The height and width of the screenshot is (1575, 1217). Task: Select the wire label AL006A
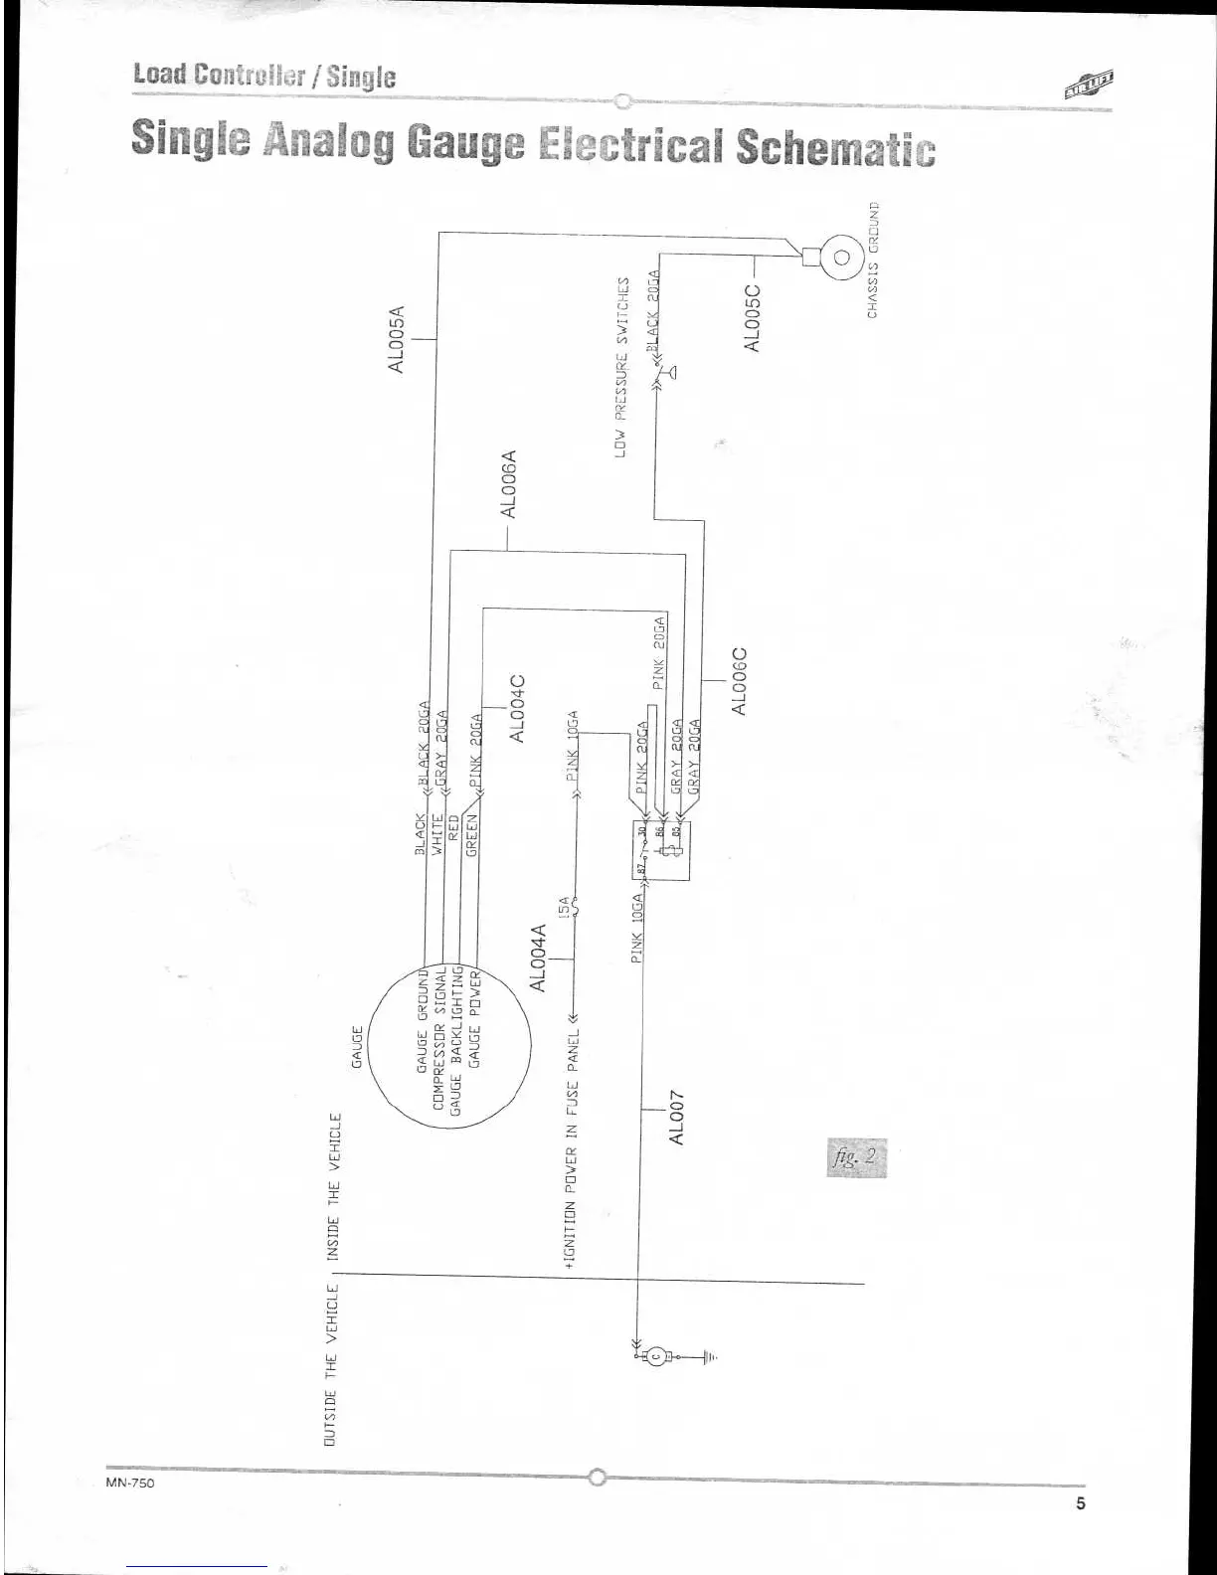point(508,485)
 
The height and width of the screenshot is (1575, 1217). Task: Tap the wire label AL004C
point(517,709)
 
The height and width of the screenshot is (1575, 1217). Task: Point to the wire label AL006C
point(738,681)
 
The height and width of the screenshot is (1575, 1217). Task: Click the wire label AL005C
point(753,318)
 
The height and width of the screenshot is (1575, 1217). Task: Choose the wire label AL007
point(677,1117)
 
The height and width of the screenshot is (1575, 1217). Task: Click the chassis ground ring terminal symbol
point(840,258)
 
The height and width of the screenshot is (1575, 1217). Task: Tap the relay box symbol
point(661,850)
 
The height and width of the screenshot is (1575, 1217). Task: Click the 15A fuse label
point(564,907)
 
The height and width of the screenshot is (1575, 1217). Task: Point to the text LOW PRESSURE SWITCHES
point(621,366)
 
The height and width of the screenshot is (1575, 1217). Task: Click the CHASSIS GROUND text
point(873,260)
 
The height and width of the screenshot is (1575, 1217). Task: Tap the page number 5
point(1080,1503)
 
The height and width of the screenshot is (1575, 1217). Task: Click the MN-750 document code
point(129,1482)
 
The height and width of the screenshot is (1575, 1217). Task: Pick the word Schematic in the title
point(835,147)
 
